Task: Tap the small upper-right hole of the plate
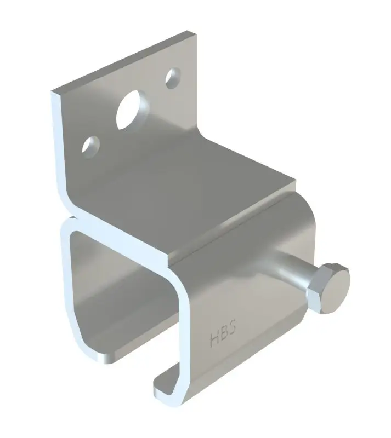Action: (172, 78)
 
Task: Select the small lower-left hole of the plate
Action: (90, 147)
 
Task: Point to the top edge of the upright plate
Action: (123, 61)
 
